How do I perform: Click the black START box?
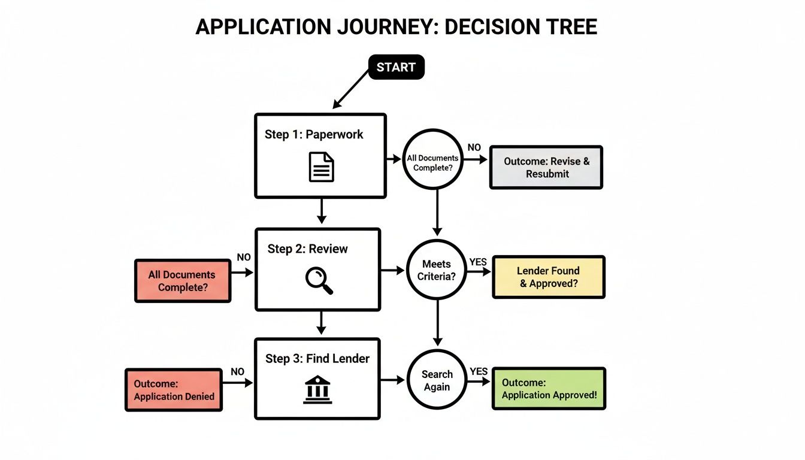coord(396,67)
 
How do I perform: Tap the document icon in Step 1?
coord(321,167)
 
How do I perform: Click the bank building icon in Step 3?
coord(317,390)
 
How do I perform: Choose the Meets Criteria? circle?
coord(437,271)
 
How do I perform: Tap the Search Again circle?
coord(437,380)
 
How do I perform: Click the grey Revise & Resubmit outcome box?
coord(546,168)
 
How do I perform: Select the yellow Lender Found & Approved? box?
coord(548,277)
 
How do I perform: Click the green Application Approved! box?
coord(549,389)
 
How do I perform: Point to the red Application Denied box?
coord(174,390)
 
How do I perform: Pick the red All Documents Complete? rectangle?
coord(182,280)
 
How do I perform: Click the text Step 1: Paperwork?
coord(314,134)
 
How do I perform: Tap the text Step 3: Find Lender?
coord(317,359)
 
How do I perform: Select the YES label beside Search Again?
coord(479,371)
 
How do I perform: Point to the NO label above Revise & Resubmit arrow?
coord(474,148)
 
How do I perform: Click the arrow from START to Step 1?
coord(352,89)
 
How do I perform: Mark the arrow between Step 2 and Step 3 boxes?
coord(321,323)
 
